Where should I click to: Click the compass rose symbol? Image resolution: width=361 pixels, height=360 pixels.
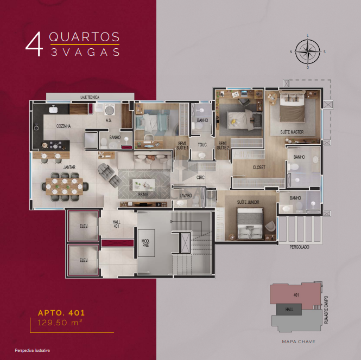coord(308,52)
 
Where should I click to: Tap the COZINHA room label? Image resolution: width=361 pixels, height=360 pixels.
coord(64,126)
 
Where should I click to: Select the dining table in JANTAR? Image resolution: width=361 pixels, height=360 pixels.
coord(64,187)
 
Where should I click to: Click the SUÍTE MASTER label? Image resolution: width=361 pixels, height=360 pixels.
coord(292,132)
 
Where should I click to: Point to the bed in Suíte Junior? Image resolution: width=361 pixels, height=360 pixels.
coord(250,223)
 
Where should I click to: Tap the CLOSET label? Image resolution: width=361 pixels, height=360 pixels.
coord(259,168)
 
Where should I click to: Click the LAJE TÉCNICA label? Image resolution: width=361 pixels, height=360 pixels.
coord(90,97)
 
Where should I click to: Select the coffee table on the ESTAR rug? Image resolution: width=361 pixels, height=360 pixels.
coord(143,184)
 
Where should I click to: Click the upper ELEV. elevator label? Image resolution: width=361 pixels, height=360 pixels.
coord(84,226)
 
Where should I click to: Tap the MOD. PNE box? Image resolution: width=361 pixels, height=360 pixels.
coord(146,243)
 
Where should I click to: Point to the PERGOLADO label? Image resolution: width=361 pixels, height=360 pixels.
coord(299,247)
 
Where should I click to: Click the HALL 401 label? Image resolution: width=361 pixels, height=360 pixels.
coord(117,224)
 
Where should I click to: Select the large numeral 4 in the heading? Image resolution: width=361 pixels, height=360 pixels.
coord(34,44)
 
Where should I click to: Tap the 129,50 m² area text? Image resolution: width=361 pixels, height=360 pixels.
coord(60,323)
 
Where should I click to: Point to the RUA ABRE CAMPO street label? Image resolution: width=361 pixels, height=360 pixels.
coord(326,310)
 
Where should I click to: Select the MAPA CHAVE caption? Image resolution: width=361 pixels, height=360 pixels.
coord(299,342)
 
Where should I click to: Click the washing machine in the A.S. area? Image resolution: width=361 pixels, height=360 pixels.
coord(110,110)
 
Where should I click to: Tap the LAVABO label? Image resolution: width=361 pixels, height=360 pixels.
coord(186,196)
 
